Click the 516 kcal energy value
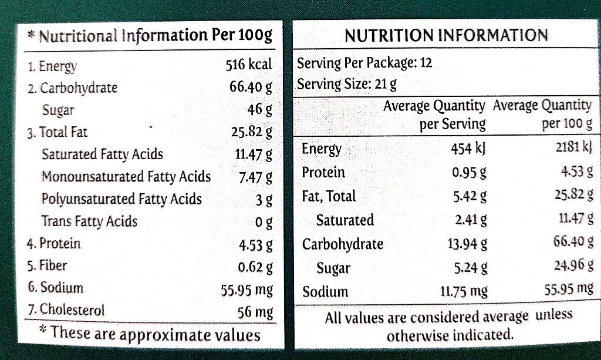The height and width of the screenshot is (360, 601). pyautogui.click(x=249, y=65)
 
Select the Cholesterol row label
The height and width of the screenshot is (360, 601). pyautogui.click(x=66, y=309)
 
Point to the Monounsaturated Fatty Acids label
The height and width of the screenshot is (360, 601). pyautogui.click(x=126, y=176)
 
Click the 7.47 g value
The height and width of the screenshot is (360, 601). pyautogui.click(x=256, y=177)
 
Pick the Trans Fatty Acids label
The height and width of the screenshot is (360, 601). pyautogui.click(x=89, y=221)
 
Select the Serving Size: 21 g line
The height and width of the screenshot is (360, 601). pyautogui.click(x=347, y=84)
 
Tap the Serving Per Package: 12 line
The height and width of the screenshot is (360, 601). pyautogui.click(x=365, y=63)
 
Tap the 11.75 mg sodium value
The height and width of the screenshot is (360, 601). pyautogui.click(x=464, y=291)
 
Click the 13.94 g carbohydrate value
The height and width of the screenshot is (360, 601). pyautogui.click(x=467, y=244)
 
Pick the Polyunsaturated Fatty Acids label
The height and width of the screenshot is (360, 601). pyautogui.click(x=121, y=199)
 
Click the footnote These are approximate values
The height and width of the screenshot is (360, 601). pyautogui.click(x=150, y=334)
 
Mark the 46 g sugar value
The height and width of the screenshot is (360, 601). pyautogui.click(x=260, y=109)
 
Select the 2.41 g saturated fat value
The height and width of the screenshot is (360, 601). pyautogui.click(x=471, y=220)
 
